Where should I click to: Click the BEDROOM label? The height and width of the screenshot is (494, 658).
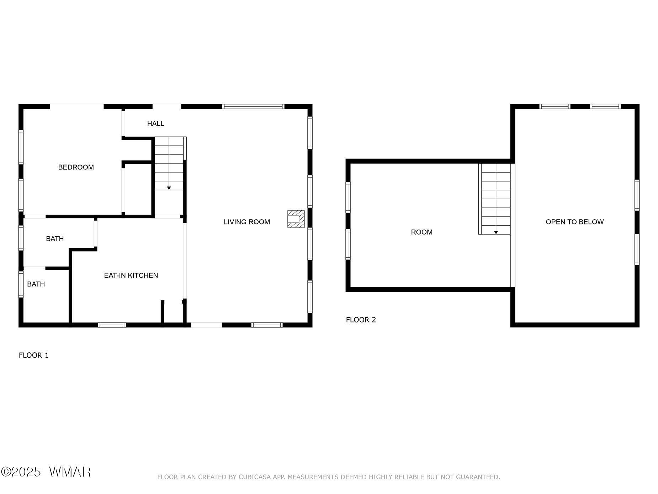point(76,167)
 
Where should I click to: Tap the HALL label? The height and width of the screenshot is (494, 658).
point(156,124)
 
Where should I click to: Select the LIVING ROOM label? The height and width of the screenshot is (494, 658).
point(247,222)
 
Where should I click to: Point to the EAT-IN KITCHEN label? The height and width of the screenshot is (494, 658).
point(131,275)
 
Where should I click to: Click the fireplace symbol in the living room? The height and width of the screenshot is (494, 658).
point(296,219)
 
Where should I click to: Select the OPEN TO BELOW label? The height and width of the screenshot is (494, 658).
point(575,222)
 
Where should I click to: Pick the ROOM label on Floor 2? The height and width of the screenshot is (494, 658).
point(422,232)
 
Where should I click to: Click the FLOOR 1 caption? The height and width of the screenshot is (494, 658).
point(34,355)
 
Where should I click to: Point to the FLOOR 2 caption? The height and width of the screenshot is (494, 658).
point(361,320)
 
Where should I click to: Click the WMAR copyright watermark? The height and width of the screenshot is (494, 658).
point(46,472)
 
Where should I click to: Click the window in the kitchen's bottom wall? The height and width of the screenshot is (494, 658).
point(112,325)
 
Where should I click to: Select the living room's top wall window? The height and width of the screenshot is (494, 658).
point(253,106)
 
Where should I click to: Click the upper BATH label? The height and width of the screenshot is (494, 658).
point(55,238)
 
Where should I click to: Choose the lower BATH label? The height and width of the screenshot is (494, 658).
point(36,284)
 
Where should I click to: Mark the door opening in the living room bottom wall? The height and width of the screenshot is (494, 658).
point(207,325)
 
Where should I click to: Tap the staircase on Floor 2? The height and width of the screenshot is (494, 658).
point(494,199)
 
